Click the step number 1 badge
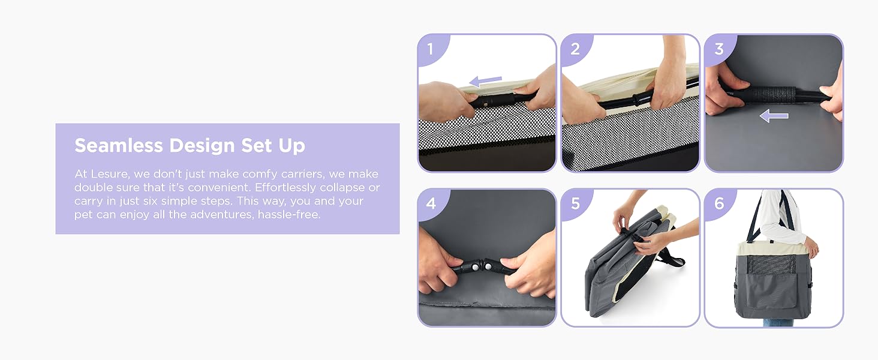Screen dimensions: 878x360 [x=431, y=49]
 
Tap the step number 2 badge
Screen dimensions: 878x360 [x=575, y=49]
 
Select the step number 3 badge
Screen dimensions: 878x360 [x=719, y=49]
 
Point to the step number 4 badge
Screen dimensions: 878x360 [x=431, y=203]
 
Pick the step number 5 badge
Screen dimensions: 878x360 [x=575, y=203]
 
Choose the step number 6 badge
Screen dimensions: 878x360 [x=719, y=203]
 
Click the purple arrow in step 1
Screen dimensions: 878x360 [x=485, y=81]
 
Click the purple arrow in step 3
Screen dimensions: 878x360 [x=774, y=116]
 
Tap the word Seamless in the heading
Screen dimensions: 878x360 [x=119, y=145]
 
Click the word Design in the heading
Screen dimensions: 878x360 [x=202, y=146]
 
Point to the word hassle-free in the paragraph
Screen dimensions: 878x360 [x=289, y=215]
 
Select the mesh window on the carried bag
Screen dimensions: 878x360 [x=766, y=265]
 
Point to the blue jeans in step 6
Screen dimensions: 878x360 [x=778, y=323]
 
